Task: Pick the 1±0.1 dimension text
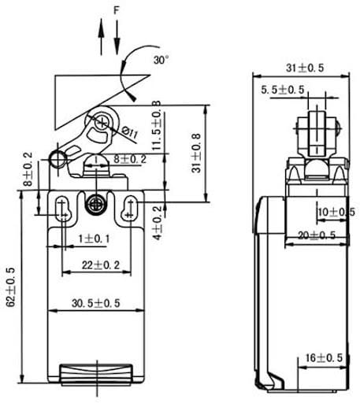tap(93, 238)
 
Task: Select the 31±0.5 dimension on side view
tap(304, 68)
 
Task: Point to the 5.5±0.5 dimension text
tap(283, 91)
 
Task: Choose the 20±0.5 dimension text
tap(317, 235)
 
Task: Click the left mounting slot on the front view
tap(62, 208)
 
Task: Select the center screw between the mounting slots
tap(95, 202)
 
